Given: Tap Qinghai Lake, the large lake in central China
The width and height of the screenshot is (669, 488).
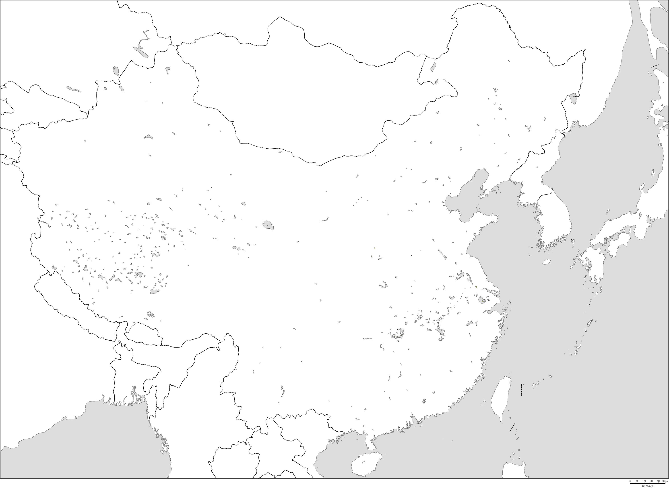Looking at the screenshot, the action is pos(268,225).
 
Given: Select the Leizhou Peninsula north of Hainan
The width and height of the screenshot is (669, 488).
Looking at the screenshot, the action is pos(368,443).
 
